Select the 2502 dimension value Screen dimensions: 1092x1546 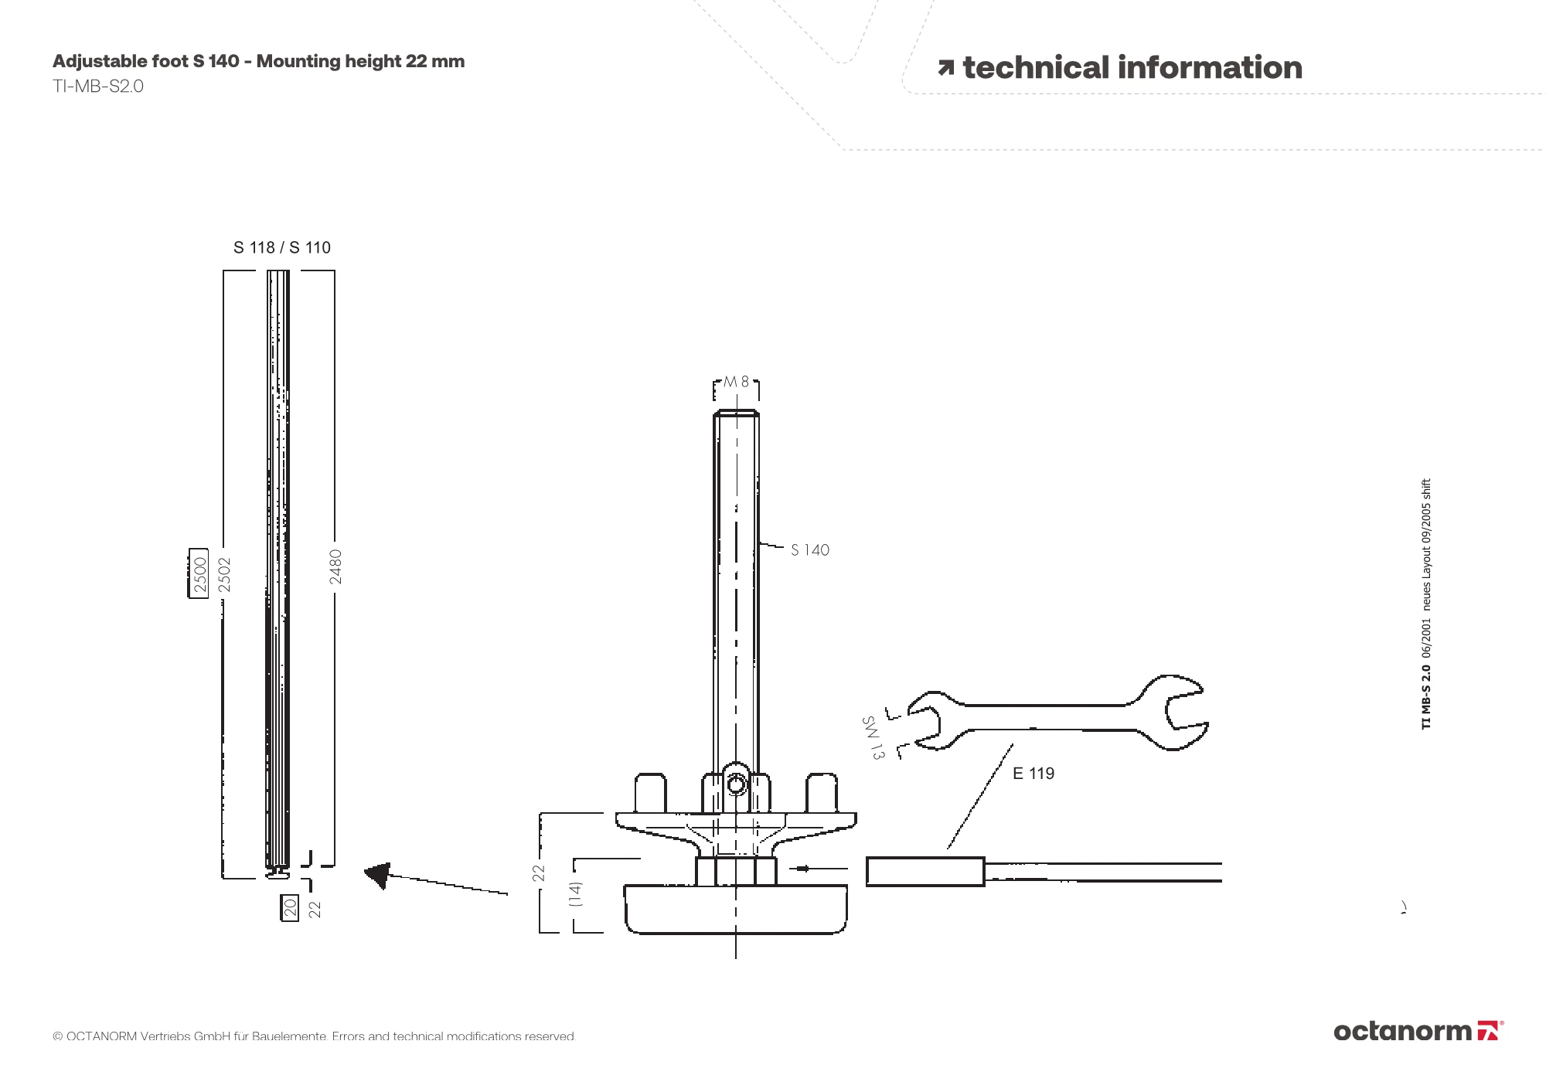tap(225, 575)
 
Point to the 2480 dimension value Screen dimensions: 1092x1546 tap(335, 566)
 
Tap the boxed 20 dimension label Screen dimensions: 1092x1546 tap(290, 907)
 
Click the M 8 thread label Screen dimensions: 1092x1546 tap(736, 382)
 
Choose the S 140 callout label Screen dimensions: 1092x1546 tap(809, 550)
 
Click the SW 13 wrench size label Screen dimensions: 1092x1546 tap(873, 737)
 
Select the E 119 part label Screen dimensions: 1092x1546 tap(1034, 774)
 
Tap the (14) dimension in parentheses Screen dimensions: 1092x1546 tap(575, 894)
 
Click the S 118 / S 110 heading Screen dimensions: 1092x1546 tap(282, 247)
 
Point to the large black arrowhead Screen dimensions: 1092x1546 tap(379, 875)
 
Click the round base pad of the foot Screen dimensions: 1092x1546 tap(736, 910)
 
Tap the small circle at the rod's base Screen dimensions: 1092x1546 tap(736, 785)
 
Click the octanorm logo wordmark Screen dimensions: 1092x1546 tap(1402, 1031)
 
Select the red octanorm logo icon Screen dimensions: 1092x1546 tap(1489, 1031)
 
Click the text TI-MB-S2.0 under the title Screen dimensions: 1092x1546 tap(98, 86)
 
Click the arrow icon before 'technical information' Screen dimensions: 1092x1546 tap(945, 69)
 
